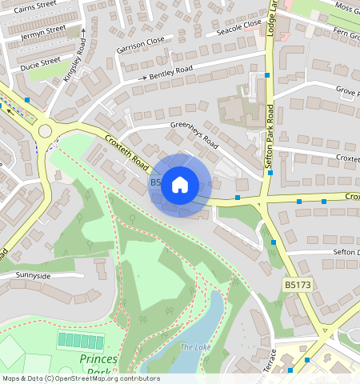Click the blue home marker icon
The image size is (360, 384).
pyautogui.click(x=180, y=185)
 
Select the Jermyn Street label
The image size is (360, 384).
pyautogui.click(x=44, y=30)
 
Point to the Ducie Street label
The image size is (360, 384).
pyautogui.click(x=40, y=62)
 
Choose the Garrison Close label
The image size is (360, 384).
pyautogui.click(x=140, y=43)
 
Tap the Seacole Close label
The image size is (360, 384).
pyautogui.click(x=238, y=28)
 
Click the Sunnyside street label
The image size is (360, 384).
pyautogui.click(x=32, y=275)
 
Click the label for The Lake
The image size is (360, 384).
pyautogui.click(x=195, y=346)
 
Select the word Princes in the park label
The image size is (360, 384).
pyautogui.click(x=98, y=359)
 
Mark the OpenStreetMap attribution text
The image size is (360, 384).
pyautogui.click(x=81, y=378)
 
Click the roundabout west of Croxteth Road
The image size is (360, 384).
pyautogui.click(x=45, y=130)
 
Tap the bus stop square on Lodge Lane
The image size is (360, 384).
pyautogui.click(x=268, y=75)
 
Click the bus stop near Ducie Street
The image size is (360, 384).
pyautogui.click(x=27, y=100)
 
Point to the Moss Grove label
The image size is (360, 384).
pyautogui.click(x=347, y=8)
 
